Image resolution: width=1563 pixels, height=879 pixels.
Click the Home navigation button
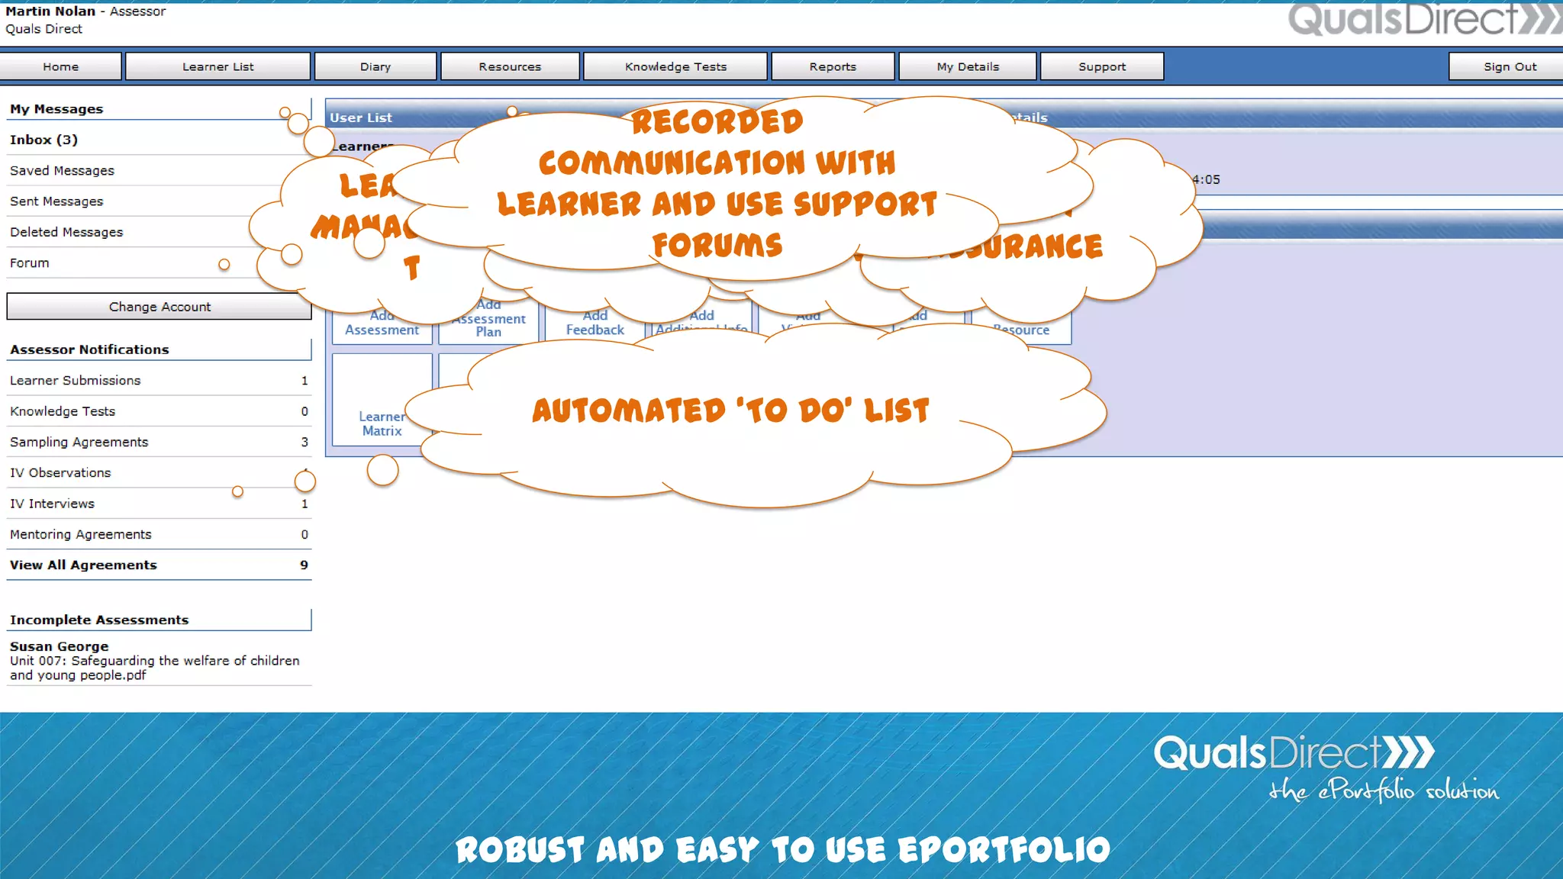point(61,66)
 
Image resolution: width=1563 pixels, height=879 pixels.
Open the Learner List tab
point(218,66)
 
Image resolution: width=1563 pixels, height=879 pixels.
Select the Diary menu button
point(375,66)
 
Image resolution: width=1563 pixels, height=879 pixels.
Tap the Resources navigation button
point(510,66)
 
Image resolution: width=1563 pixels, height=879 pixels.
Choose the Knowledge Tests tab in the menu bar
point(675,66)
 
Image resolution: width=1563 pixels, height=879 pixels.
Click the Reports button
point(833,66)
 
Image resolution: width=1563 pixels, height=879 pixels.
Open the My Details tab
point(968,66)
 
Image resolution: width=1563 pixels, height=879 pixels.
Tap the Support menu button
point(1102,66)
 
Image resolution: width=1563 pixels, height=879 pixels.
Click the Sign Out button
point(1510,66)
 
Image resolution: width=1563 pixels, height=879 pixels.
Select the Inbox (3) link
point(44,140)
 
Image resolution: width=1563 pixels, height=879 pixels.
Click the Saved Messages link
point(62,171)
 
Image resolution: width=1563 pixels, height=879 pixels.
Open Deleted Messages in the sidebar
point(66,232)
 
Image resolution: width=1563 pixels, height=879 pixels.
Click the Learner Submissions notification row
point(76,380)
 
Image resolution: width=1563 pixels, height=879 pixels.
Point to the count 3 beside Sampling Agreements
point(305,442)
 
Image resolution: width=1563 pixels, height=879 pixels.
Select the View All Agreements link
point(83,565)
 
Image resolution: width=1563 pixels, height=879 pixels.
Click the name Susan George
point(59,646)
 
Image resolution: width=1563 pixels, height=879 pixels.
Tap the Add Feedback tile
point(595,324)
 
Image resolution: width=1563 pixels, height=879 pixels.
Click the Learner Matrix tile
point(382,423)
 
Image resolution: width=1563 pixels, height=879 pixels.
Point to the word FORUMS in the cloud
point(717,246)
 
